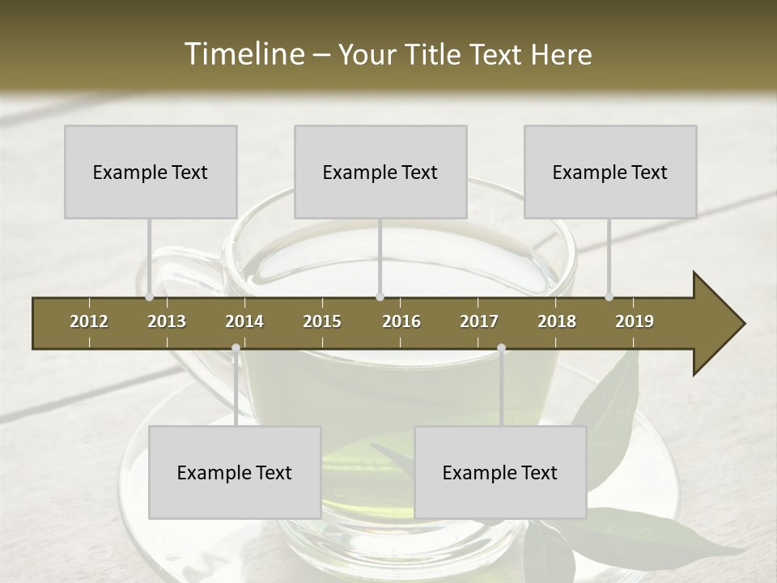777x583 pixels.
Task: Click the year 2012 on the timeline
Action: pos(89,321)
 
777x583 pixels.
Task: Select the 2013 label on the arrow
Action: pos(167,321)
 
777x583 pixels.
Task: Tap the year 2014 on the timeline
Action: pos(244,321)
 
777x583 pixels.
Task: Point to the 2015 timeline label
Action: pos(322,321)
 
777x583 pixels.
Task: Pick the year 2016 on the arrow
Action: pos(401,321)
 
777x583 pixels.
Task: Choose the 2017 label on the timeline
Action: pos(479,321)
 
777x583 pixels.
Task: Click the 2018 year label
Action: pos(557,321)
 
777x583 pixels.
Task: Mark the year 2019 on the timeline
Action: pos(635,321)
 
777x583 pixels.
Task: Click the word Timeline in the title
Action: pos(244,54)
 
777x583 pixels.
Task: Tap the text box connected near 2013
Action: pos(151,172)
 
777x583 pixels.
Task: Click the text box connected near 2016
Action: pos(380,172)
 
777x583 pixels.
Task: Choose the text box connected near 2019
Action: pos(610,172)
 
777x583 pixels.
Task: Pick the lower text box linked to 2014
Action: pos(235,472)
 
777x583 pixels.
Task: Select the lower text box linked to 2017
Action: pos(500,472)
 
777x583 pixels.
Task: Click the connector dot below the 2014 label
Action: pos(236,348)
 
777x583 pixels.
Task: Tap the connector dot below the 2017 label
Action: pos(501,348)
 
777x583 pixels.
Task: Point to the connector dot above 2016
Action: pos(380,296)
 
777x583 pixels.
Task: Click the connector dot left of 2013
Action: pos(149,296)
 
